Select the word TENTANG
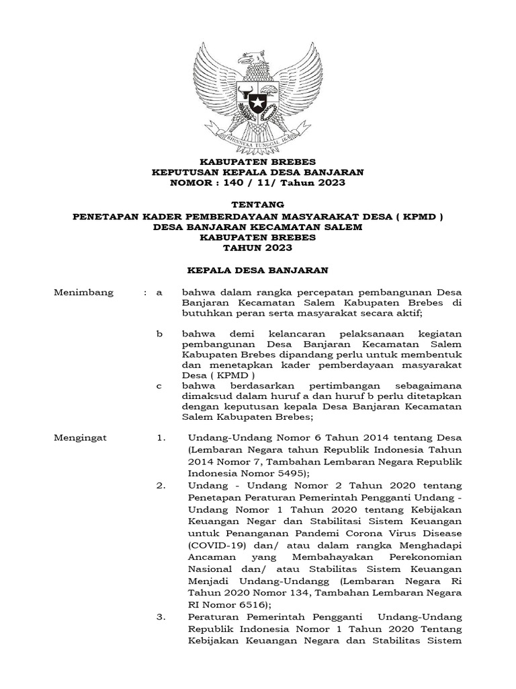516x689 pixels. pyautogui.click(x=257, y=205)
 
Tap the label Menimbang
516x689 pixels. pyautogui.click(x=84, y=293)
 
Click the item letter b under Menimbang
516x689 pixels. pyautogui.click(x=159, y=334)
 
